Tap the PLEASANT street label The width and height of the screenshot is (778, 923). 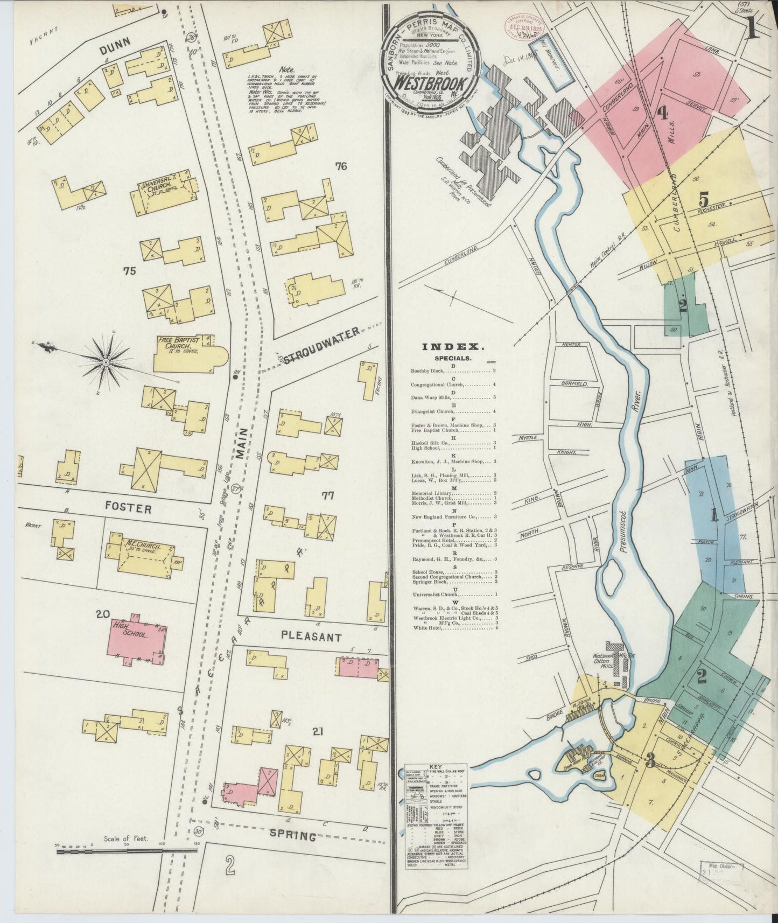[312, 637]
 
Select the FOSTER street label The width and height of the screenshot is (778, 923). [128, 508]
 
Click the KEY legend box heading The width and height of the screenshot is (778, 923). [436, 767]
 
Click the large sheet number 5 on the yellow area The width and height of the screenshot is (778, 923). [704, 200]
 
